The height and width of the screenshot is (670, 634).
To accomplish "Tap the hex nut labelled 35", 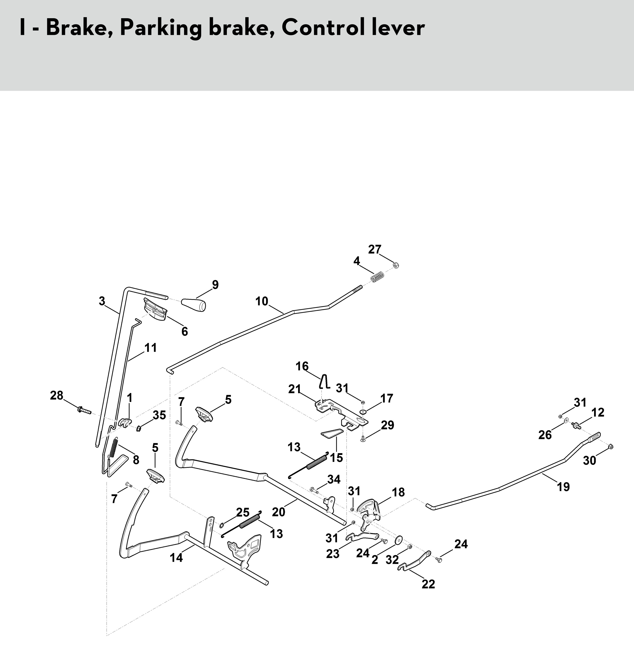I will [138, 429].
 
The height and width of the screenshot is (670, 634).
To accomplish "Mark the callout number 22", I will [428, 584].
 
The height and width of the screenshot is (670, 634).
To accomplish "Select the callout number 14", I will [176, 557].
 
